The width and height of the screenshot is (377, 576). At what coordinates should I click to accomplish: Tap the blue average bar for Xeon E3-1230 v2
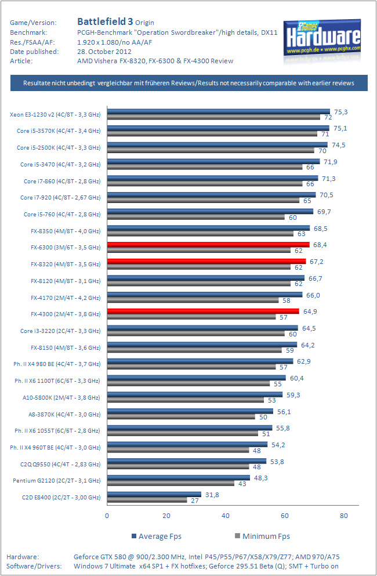coord(218,111)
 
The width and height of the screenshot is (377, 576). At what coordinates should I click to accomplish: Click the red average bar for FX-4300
coord(203,311)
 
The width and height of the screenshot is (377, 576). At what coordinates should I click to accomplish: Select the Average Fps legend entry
coord(157,536)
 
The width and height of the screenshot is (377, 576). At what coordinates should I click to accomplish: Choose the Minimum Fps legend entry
coord(260,536)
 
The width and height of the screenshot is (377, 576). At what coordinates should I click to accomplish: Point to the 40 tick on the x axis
coord(226,515)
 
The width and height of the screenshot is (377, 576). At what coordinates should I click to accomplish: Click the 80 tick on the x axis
coord(344,515)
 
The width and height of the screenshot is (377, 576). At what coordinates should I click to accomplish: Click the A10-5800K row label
coord(60,397)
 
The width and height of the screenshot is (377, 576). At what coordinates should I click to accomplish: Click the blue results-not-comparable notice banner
coord(188,83)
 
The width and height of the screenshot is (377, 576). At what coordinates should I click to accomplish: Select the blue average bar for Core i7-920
coord(211,195)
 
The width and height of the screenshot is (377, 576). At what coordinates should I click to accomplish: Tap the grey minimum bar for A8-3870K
coord(181,416)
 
